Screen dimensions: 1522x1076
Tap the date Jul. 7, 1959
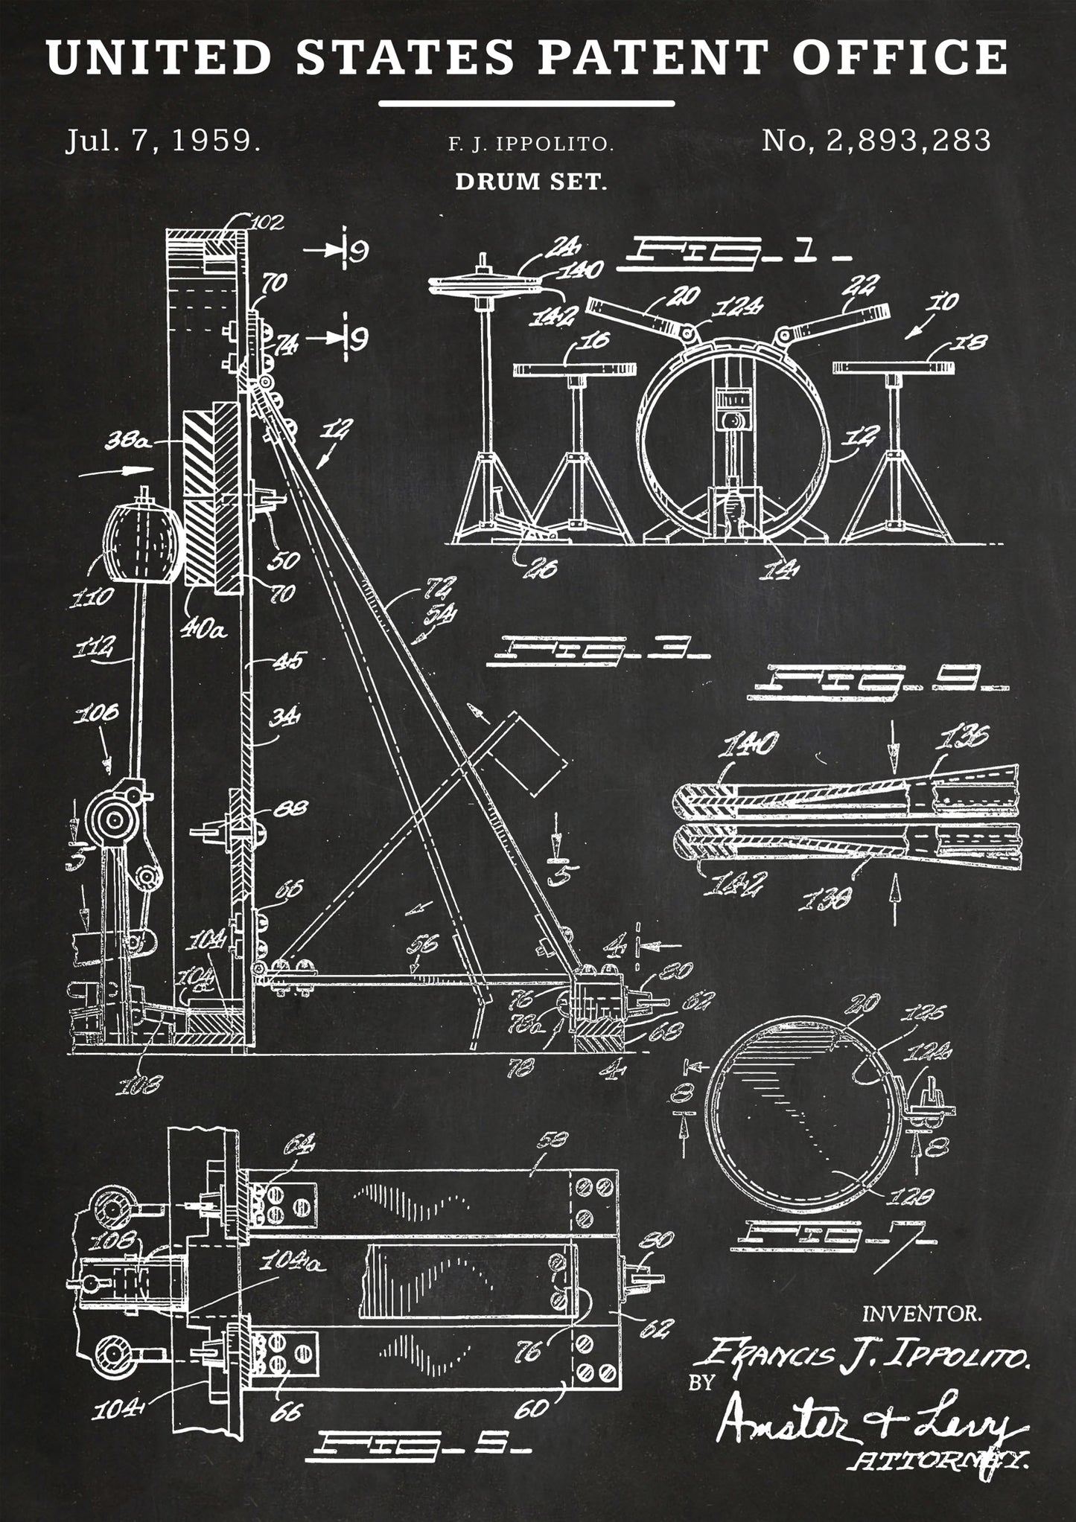[x=163, y=141]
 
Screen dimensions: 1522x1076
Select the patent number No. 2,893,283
[x=876, y=140]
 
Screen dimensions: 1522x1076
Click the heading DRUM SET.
[x=531, y=182]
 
